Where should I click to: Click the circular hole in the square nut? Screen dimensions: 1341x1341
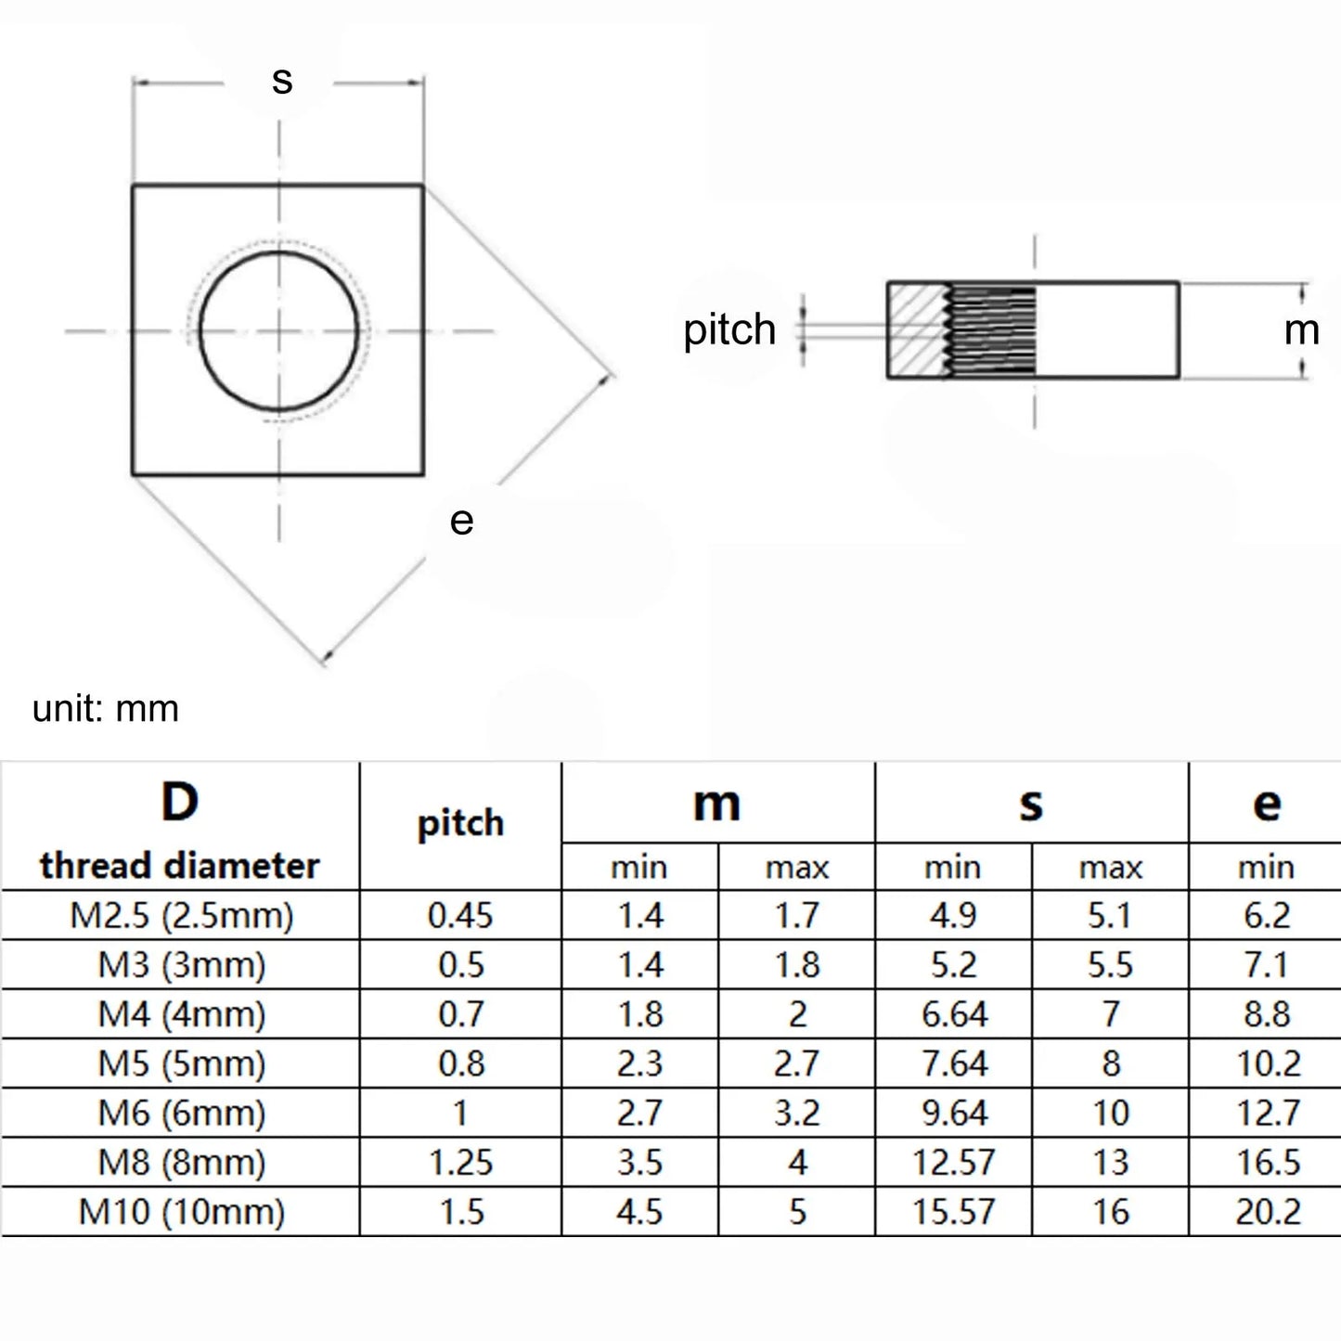point(278,330)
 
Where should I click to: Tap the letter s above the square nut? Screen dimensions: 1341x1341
point(282,81)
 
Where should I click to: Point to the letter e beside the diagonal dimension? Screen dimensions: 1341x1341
point(461,521)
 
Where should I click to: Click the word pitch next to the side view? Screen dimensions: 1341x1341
point(729,330)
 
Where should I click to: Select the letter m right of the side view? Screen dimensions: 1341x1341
point(1301,330)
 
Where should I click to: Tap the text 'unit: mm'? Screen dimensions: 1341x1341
point(105,709)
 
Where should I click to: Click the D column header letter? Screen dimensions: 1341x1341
point(180,802)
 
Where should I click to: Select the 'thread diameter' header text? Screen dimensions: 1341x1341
point(180,866)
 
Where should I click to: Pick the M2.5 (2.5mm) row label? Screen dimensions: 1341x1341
point(182,916)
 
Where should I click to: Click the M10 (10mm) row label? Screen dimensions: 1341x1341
point(182,1212)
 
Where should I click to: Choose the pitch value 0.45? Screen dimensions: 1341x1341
point(460,916)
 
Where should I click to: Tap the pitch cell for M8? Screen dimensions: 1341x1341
point(460,1163)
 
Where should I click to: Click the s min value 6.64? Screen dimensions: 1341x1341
point(954,1014)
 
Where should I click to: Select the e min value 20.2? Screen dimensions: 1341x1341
point(1268,1212)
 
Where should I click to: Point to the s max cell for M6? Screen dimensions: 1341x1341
point(1111,1114)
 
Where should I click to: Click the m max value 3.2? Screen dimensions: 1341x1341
point(797,1114)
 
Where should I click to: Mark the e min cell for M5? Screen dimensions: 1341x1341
point(1268,1064)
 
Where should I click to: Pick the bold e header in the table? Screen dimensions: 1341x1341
point(1267,804)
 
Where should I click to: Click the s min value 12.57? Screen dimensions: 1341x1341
point(954,1163)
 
